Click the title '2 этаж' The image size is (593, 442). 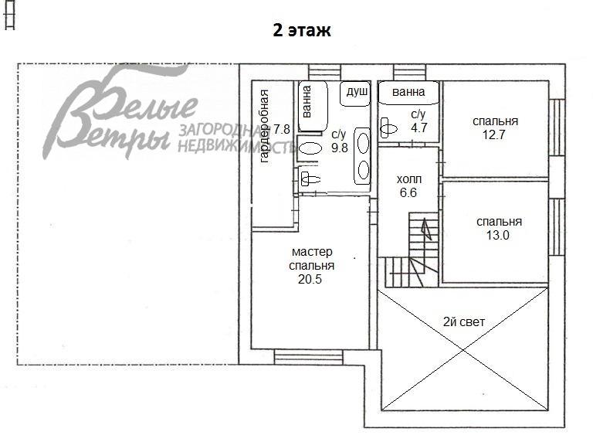tap(301, 30)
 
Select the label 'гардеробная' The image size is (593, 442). tap(264, 126)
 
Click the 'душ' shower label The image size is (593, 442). tap(357, 92)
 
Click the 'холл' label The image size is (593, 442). tap(408, 179)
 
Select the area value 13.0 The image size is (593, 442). tap(494, 236)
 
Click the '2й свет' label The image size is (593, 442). tap(464, 321)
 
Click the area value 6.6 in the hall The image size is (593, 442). tap(407, 193)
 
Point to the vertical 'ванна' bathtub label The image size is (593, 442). tap(307, 101)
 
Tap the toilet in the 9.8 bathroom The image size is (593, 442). tap(310, 179)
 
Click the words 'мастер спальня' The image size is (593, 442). tap(312, 259)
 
